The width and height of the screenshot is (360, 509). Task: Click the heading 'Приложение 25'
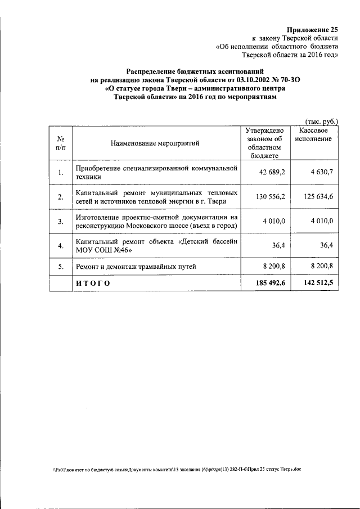coord(312,29)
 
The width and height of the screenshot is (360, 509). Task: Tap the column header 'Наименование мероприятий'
coord(155,143)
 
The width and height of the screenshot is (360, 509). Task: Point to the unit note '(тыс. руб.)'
coord(321,121)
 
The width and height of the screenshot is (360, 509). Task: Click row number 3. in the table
coord(60,222)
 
